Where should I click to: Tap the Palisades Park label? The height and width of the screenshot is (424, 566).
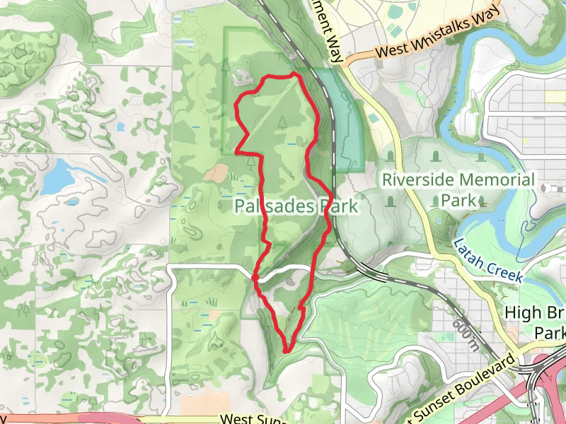coord(296,206)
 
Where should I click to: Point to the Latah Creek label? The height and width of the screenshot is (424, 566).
coord(487,260)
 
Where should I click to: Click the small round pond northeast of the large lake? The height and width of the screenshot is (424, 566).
coord(120,127)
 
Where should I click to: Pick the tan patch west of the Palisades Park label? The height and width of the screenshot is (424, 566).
coord(218,172)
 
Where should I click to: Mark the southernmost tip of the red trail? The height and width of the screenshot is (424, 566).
coord(287,349)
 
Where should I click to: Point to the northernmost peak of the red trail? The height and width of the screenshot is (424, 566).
coord(294,73)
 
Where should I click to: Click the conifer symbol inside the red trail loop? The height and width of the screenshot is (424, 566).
coord(282,121)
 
